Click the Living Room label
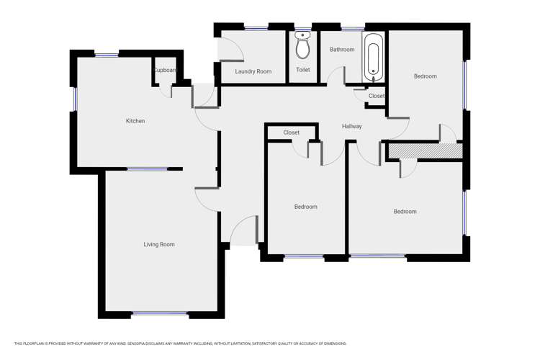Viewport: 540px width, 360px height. [159, 245]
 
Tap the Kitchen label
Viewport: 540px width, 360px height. [135, 121]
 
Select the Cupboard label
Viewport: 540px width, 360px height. [165, 71]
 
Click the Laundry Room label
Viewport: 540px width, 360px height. [253, 71]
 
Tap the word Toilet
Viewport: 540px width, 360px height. [303, 70]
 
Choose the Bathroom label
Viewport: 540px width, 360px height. [342, 50]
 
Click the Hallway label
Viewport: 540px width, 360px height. [352, 127]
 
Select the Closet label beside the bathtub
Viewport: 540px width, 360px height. [377, 96]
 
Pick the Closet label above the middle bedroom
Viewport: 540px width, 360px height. [292, 132]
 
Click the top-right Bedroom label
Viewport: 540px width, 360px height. [425, 76]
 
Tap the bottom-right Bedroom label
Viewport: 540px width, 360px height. [405, 212]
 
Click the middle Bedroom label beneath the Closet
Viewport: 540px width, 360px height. [305, 207]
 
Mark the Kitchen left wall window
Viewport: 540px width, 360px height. [75, 99]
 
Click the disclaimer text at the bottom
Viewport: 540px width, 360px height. [180, 343]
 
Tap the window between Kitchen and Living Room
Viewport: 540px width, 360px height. [147, 169]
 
